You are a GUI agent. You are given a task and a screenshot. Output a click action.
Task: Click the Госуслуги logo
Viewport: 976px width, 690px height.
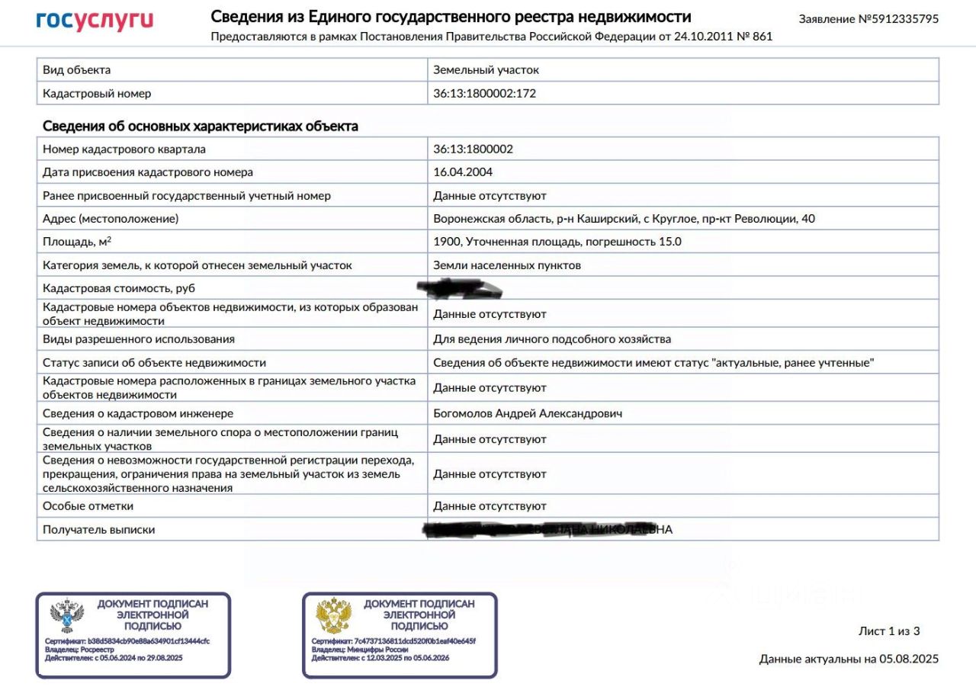(x=95, y=21)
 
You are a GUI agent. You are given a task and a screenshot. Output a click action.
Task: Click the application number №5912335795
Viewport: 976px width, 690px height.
(x=868, y=19)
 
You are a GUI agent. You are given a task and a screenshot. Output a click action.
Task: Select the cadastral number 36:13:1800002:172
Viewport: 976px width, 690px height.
(x=480, y=94)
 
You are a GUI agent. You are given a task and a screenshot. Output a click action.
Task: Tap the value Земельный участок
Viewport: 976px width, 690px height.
(x=486, y=70)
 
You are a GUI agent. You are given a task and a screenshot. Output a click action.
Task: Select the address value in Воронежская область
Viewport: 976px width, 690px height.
(x=624, y=219)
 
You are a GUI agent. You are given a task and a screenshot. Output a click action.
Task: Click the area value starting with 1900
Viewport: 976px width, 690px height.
(x=557, y=242)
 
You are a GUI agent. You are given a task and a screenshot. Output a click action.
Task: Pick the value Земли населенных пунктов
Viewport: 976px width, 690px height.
(x=507, y=265)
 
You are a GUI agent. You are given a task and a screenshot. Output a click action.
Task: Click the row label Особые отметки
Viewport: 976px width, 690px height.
(x=88, y=505)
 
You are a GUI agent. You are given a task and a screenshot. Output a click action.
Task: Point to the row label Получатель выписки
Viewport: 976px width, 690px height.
(x=99, y=529)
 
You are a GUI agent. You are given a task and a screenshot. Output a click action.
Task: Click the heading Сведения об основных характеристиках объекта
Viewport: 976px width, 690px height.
(x=201, y=126)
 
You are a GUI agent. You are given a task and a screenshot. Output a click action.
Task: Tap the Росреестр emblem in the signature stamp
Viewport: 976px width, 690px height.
(x=66, y=616)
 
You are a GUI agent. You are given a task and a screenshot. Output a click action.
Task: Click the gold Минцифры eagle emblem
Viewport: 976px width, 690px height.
(x=333, y=616)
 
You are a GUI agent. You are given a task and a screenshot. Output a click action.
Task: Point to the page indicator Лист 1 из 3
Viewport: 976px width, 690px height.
(x=889, y=631)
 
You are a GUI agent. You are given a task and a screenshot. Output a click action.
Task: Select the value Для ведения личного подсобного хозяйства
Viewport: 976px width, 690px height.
(x=552, y=339)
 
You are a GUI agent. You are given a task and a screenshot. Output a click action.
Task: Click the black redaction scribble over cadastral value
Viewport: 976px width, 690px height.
(x=460, y=289)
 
